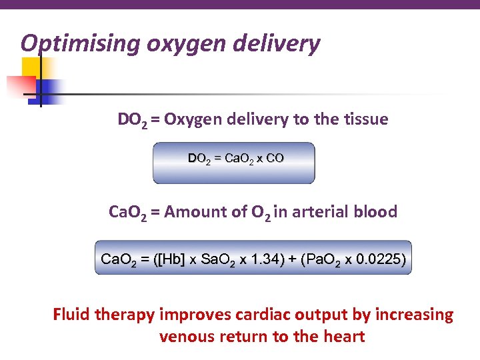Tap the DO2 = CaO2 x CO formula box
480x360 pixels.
[233, 163]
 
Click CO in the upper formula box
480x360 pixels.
[275, 159]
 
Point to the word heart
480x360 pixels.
[342, 336]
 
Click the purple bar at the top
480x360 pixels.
[240, 5]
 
